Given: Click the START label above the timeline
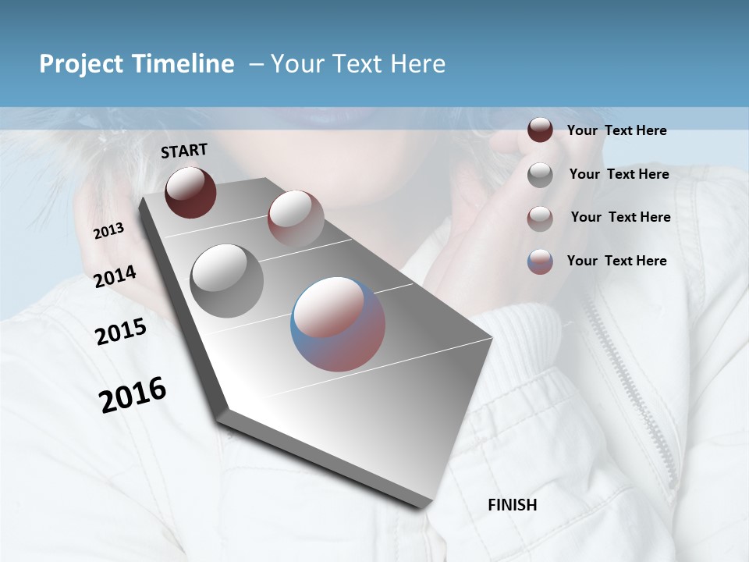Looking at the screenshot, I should [184, 151].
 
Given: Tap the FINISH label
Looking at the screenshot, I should [512, 505].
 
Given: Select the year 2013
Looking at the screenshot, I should [109, 231].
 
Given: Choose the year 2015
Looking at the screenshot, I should [121, 332].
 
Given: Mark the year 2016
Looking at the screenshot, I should [133, 394].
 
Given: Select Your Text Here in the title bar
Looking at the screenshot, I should [357, 64].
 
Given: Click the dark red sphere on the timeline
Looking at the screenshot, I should [190, 192].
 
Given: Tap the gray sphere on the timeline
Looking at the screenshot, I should [226, 280].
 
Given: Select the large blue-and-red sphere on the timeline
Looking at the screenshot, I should [338, 324].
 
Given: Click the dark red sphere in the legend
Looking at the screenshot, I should [540, 130].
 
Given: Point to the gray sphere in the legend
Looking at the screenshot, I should [540, 175].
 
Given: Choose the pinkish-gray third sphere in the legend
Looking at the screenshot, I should [540, 219].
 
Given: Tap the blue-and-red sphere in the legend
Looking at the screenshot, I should [540, 261].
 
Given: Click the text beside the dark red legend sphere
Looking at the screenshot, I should [616, 131].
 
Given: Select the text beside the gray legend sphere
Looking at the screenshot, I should [619, 174].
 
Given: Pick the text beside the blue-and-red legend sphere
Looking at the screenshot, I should [616, 261].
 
